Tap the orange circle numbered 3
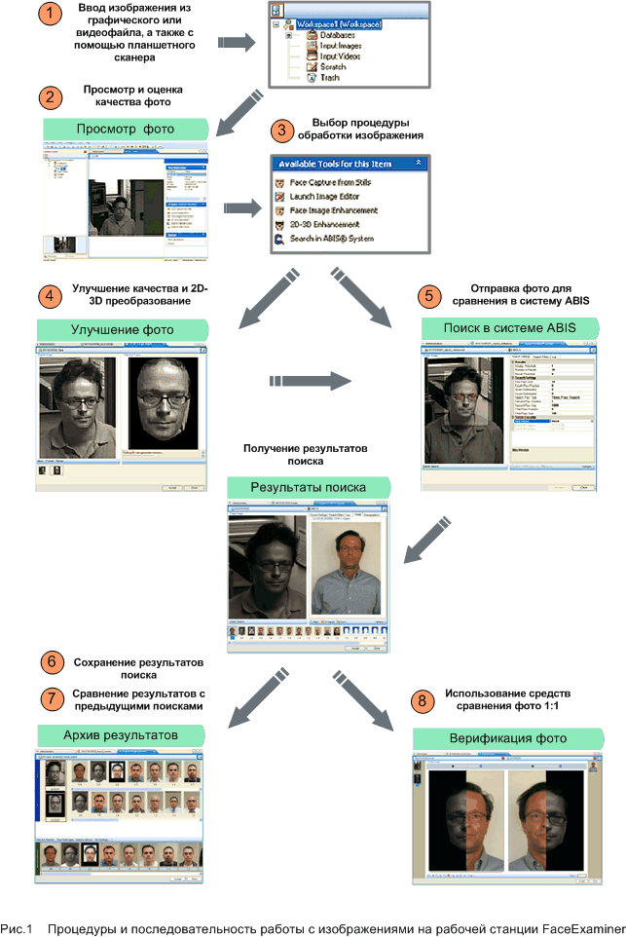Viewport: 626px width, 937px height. tap(282, 131)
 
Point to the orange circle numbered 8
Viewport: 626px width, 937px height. tap(421, 700)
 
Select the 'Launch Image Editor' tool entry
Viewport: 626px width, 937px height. tap(326, 197)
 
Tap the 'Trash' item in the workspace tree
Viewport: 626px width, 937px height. tap(329, 78)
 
